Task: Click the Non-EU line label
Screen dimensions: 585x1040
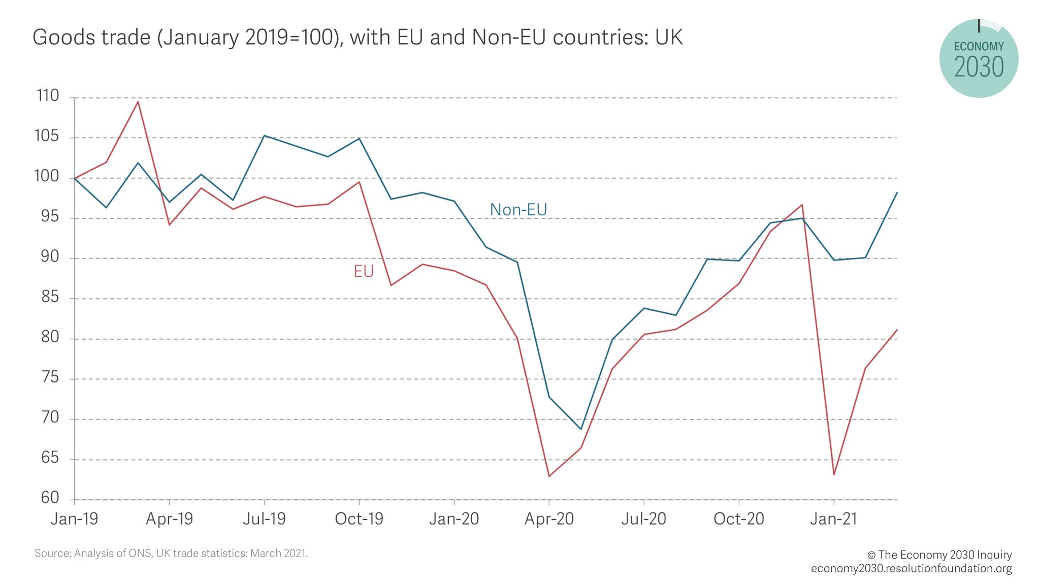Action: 518,210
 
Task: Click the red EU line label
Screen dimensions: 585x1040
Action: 364,272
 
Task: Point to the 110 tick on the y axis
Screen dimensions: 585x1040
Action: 48,96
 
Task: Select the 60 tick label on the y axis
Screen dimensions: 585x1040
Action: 50,498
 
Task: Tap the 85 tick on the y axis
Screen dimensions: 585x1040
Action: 50,297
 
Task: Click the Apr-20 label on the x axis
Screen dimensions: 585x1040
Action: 549,519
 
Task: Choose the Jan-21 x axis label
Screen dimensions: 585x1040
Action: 833,519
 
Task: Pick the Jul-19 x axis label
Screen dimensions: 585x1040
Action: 264,519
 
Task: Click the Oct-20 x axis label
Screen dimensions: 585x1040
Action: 738,519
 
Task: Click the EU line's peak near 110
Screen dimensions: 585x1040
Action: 138,102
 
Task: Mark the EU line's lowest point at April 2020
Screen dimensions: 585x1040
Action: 549,476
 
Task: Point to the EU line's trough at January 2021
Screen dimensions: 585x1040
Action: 834,475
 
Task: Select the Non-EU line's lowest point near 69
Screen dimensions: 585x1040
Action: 581,429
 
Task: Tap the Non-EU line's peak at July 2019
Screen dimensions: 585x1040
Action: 264,136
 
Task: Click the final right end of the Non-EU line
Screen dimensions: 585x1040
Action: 897,193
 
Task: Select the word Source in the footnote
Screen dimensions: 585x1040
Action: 52,553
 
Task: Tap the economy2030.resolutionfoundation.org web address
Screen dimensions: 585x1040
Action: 911,568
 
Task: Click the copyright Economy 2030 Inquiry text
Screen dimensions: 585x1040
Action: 939,555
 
